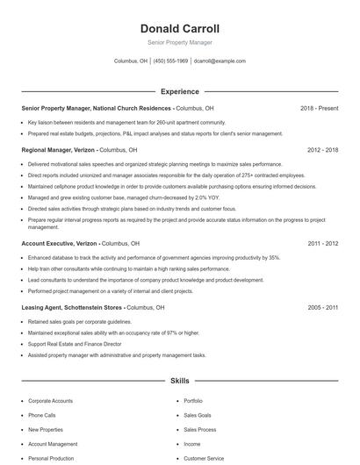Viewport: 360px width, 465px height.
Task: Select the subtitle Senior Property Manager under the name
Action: click(x=179, y=42)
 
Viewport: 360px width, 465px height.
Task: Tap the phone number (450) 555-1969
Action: click(x=171, y=61)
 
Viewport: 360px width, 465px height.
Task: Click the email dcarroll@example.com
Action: click(x=220, y=61)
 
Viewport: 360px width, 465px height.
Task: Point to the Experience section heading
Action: click(x=179, y=91)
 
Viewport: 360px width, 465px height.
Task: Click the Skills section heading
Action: click(x=179, y=382)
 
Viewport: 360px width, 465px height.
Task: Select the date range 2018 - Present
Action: click(x=319, y=108)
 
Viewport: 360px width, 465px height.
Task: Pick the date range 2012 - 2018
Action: click(x=322, y=150)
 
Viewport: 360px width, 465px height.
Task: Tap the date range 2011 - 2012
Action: click(x=322, y=243)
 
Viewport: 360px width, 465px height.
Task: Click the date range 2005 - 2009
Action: click(x=322, y=308)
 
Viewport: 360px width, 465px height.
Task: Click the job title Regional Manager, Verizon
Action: click(x=58, y=150)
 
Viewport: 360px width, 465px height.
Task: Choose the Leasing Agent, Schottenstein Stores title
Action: click(x=72, y=308)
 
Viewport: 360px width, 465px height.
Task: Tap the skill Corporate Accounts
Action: click(x=50, y=400)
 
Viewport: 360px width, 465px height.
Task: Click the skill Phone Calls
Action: click(x=41, y=415)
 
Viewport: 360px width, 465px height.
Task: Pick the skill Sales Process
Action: click(x=199, y=430)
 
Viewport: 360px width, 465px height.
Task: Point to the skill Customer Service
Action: click(x=204, y=458)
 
